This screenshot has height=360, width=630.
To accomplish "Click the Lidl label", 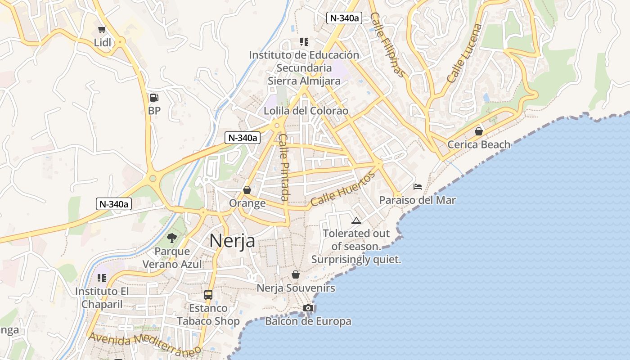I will pos(103,42).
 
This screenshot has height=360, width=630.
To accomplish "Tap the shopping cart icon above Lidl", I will pos(102,30).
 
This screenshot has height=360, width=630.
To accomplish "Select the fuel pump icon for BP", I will pos(154,97).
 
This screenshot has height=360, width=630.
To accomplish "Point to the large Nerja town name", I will pos(232,241).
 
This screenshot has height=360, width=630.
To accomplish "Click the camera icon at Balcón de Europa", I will pos(308,308).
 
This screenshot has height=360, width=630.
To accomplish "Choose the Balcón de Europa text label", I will pos(308,321).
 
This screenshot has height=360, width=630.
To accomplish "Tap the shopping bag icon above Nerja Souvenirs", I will pos(296,274).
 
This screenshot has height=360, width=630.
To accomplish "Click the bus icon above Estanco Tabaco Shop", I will pos(208,295).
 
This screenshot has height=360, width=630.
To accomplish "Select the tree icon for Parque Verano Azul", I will pos(171,238).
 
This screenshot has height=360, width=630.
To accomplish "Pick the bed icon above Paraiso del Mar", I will pos(418,186).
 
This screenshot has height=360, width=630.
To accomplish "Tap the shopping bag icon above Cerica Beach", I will pos(479,131).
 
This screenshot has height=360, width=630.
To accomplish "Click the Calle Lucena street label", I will pos(464,53).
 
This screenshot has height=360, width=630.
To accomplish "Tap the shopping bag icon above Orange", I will pos(247,190).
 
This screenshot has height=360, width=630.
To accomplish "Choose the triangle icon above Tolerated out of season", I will pos(356,220).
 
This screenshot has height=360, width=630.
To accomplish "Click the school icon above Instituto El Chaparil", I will pos(102,278).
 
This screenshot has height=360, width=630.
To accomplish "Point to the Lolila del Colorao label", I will pos(306,111).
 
